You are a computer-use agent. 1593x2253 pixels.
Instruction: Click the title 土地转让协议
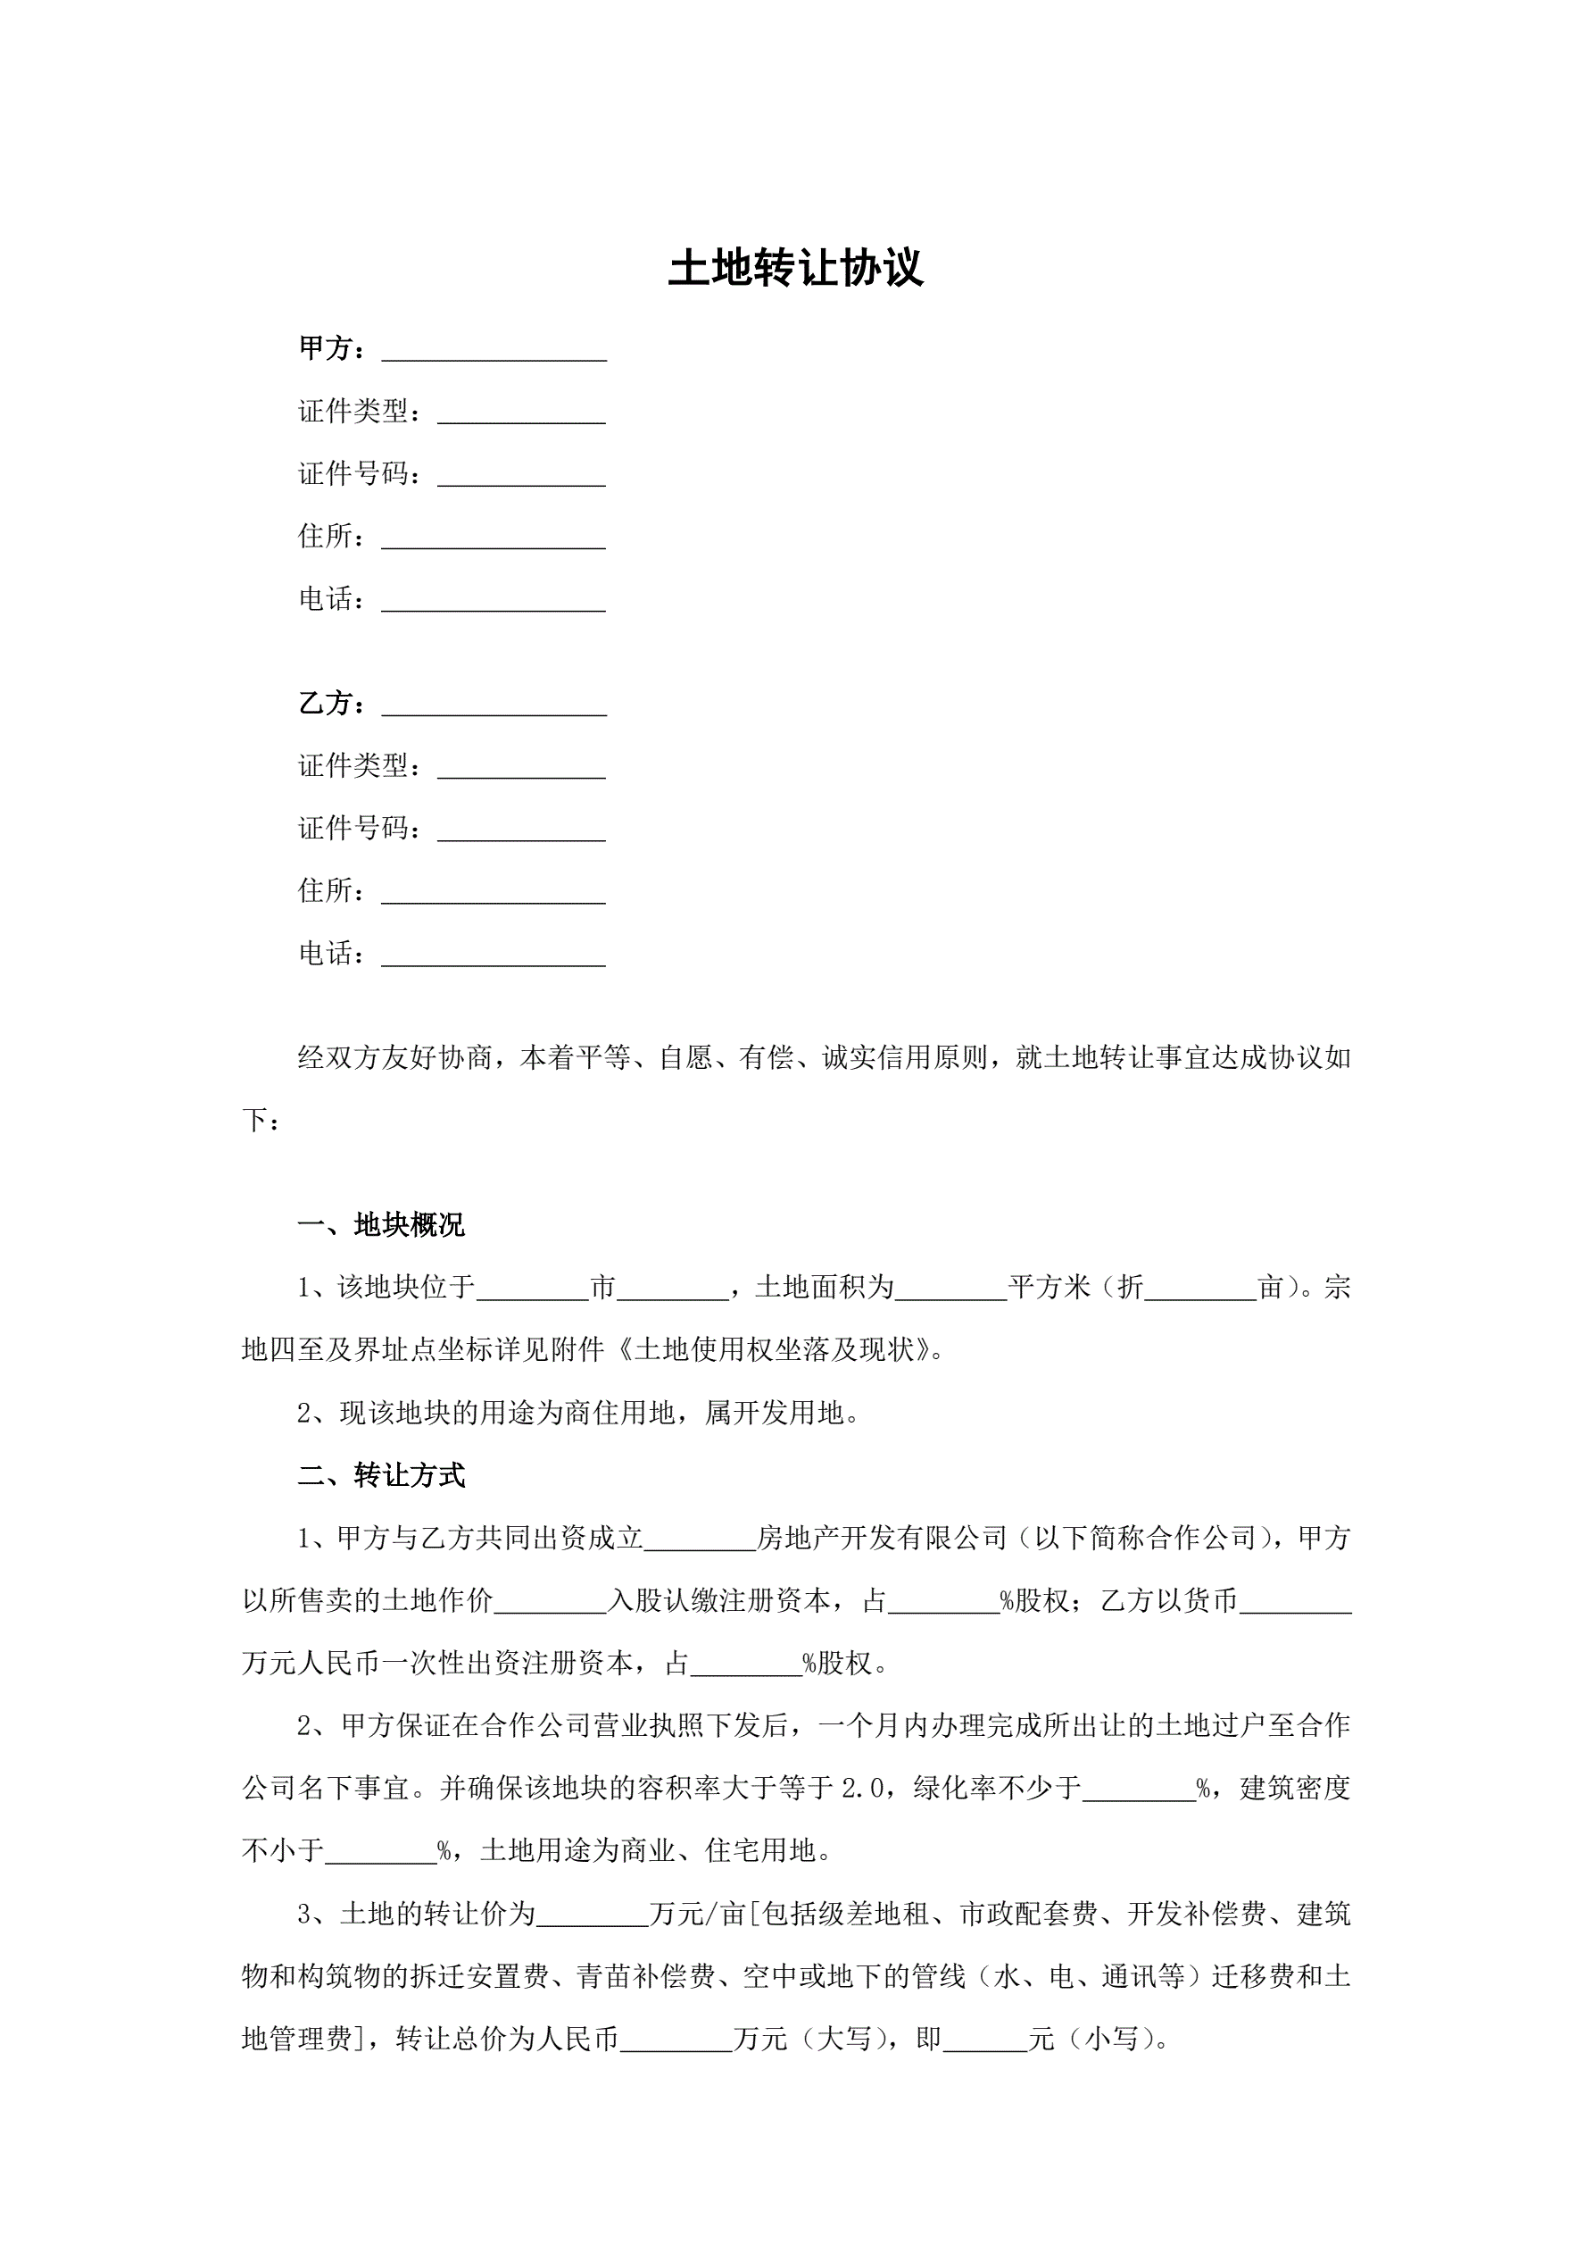tap(795, 269)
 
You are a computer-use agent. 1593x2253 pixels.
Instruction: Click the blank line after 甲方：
tap(494, 351)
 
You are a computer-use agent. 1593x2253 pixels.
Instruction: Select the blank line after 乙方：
tap(494, 706)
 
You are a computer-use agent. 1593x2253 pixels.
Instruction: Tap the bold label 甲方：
tap(334, 348)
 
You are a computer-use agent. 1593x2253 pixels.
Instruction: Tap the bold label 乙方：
tap(334, 704)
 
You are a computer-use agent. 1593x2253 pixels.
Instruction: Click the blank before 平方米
tap(950, 1289)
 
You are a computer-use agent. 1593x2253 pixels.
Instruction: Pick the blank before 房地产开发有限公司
tap(700, 1540)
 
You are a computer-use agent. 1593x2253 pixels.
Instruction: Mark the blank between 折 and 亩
tap(1200, 1289)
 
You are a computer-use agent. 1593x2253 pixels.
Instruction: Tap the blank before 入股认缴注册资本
tap(551, 1602)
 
